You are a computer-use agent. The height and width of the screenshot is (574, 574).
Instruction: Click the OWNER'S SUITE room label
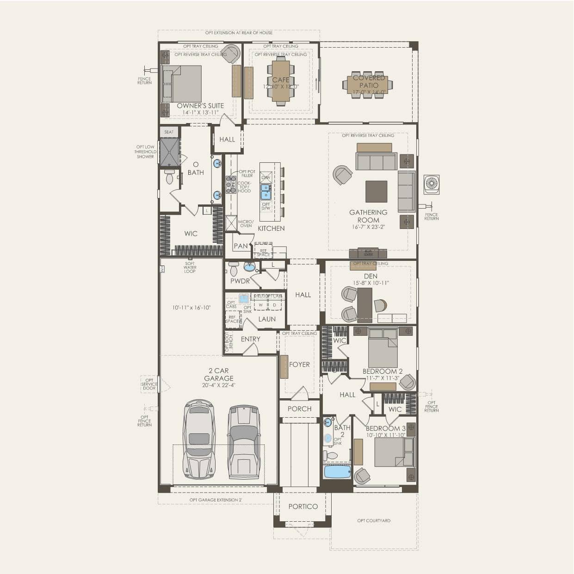click(200, 106)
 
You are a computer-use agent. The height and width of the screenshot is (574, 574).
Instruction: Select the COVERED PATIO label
click(369, 81)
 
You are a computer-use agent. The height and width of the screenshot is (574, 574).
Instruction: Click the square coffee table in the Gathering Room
click(376, 191)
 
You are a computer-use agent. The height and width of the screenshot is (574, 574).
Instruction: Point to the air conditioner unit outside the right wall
click(432, 185)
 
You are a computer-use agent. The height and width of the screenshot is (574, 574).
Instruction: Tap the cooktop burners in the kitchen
click(230, 185)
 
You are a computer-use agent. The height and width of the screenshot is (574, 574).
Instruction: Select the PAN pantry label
click(241, 246)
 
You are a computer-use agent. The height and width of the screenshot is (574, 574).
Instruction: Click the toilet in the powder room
click(234, 268)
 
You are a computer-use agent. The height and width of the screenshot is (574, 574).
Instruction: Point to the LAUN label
click(267, 319)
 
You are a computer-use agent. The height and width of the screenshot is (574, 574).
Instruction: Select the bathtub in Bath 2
click(337, 472)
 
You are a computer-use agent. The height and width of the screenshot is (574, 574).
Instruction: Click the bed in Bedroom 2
click(383, 348)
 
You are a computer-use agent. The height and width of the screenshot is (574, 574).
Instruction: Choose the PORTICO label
click(303, 506)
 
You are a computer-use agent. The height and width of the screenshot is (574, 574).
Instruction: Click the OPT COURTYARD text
click(374, 521)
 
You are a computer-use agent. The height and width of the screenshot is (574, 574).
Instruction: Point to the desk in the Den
click(364, 304)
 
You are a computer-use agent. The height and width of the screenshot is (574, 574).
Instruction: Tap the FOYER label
click(299, 364)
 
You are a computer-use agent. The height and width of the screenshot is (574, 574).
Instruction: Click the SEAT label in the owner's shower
click(169, 132)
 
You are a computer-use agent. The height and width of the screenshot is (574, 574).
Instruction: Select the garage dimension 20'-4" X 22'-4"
click(219, 385)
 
